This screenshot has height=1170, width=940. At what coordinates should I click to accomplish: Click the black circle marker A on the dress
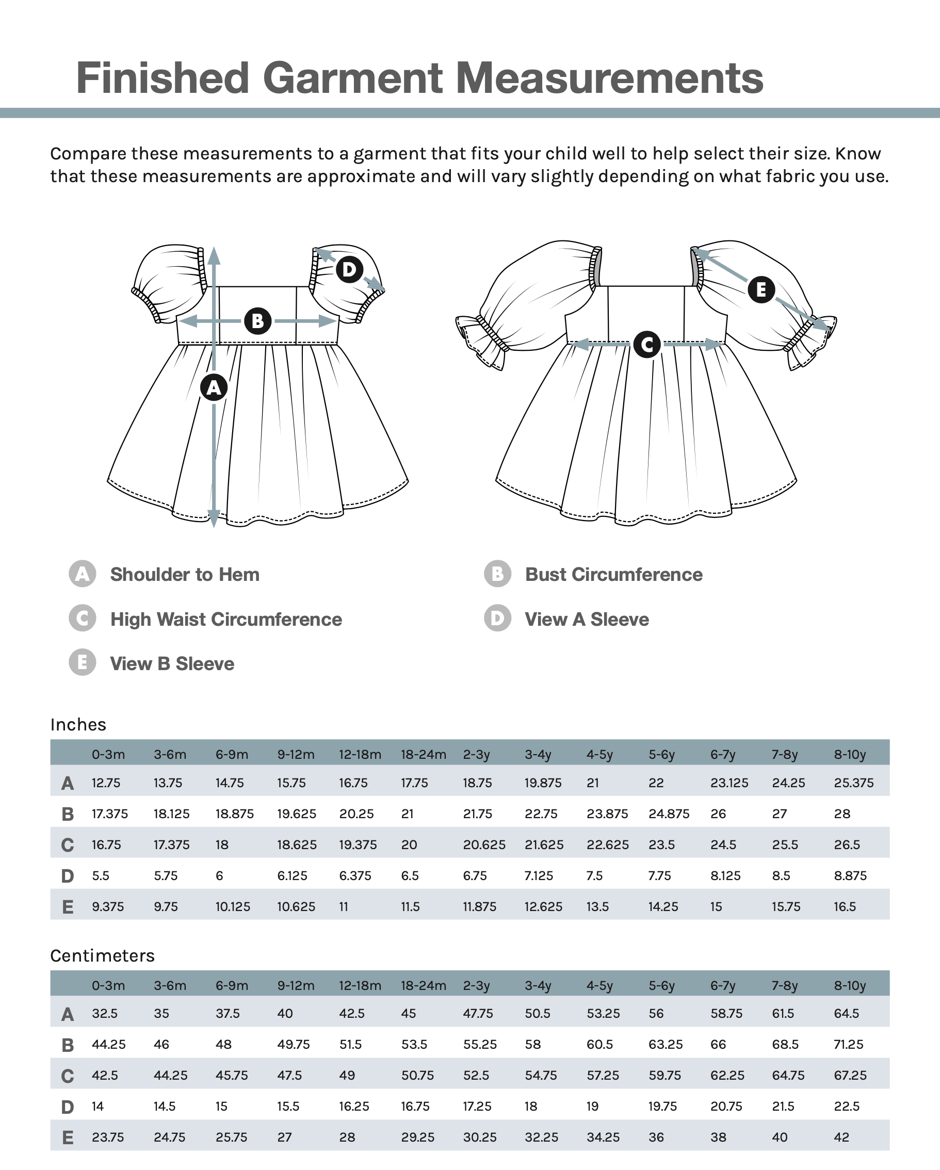214,387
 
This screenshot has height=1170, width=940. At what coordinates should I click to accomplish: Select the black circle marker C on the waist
646,344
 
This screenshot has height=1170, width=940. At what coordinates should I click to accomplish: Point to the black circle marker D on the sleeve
349,269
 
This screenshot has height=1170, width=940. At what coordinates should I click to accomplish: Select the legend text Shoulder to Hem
185,574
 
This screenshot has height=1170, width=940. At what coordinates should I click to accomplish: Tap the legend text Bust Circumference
613,574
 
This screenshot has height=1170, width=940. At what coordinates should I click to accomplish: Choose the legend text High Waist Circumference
226,619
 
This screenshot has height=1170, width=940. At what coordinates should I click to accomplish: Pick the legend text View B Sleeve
172,664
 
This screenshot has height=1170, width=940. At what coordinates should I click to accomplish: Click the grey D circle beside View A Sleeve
497,618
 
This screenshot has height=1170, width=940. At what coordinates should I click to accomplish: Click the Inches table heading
78,724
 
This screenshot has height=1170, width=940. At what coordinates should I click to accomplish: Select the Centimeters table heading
102,955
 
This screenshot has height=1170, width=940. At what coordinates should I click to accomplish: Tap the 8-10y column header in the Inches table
849,754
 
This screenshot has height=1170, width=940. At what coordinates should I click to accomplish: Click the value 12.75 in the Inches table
106,783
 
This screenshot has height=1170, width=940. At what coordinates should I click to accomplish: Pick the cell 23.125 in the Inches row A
729,783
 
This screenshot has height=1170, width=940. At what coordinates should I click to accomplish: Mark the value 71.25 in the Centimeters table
848,1044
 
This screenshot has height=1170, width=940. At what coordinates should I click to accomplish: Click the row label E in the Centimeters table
67,1138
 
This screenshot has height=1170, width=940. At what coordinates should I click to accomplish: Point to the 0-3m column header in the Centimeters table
108,985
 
